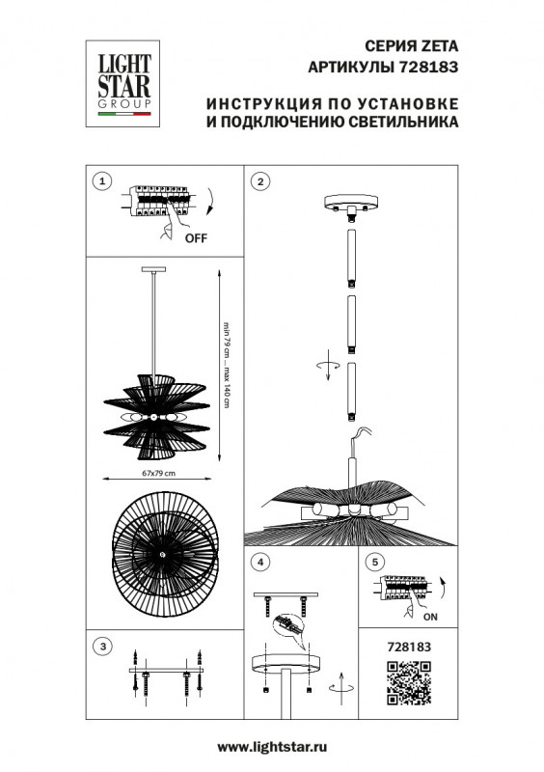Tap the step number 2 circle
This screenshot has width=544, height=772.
click(x=259, y=180)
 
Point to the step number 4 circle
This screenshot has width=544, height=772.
click(x=259, y=561)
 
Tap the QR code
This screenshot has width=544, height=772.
click(x=407, y=685)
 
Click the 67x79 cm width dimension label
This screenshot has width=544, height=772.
click(x=158, y=474)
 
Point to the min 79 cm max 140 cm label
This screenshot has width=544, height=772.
click(x=227, y=362)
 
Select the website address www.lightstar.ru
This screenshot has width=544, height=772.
click(x=271, y=747)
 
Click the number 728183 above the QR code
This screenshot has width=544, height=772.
click(x=406, y=649)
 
